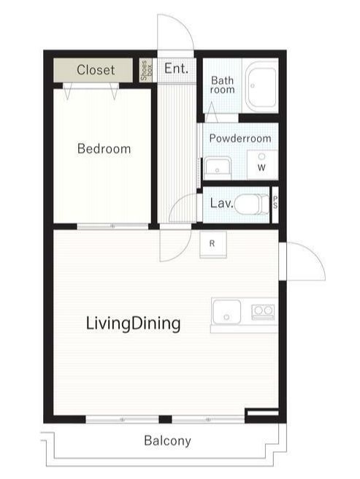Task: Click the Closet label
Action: [96, 70]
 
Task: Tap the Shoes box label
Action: [146, 70]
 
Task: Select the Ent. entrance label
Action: [176, 68]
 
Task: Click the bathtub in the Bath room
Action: [261, 87]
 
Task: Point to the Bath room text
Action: [223, 85]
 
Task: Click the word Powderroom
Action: [240, 138]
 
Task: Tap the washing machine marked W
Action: [262, 165]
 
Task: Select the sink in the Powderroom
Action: [218, 166]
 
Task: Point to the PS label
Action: [275, 202]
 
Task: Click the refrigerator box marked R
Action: [213, 245]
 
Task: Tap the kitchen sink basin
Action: [227, 312]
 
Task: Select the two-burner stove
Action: [263, 312]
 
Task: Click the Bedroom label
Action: [104, 149]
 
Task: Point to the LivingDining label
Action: [133, 323]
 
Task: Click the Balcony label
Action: [167, 441]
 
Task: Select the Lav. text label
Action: [221, 203]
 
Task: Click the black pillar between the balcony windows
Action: [165, 419]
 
